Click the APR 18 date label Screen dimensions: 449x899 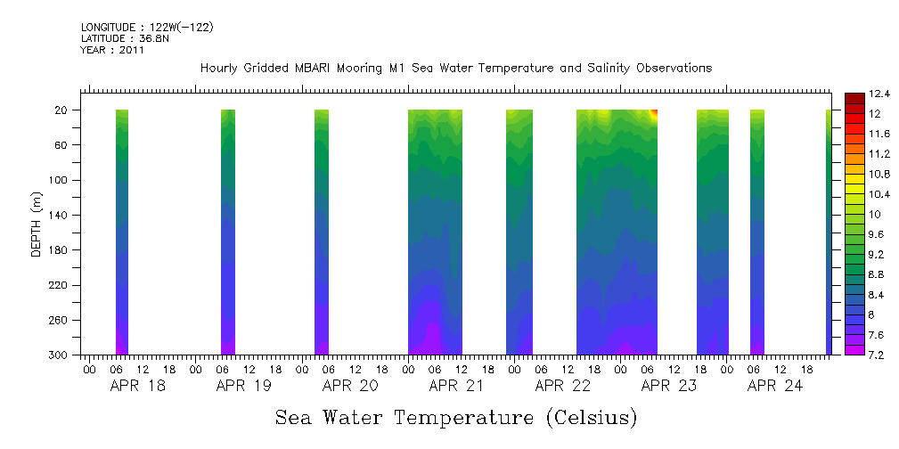(137, 386)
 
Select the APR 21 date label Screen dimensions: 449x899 (455, 386)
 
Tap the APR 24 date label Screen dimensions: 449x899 (774, 386)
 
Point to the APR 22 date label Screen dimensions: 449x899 (562, 386)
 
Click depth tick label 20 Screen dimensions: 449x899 (62, 110)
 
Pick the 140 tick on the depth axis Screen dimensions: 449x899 (60, 215)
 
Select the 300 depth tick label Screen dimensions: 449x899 (60, 355)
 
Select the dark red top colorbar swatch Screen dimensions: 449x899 (853, 97)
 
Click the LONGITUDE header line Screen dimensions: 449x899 (146, 28)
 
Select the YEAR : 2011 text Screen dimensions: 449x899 (112, 50)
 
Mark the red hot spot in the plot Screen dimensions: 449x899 (655, 112)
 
